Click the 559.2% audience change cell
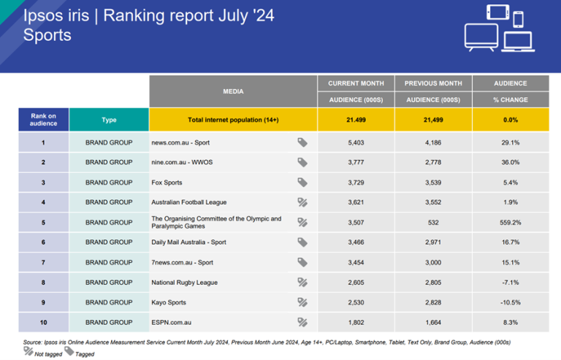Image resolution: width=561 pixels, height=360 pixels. point(511,222)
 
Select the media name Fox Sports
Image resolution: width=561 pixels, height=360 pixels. point(167,183)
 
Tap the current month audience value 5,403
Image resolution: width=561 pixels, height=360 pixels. point(356,142)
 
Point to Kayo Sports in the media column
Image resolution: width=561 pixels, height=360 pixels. point(169,302)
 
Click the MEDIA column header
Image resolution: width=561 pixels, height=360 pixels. point(233,91)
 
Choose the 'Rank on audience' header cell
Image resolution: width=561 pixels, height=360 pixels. point(43,120)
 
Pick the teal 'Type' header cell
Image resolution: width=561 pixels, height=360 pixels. point(109,120)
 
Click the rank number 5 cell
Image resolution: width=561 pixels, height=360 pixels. point(43,222)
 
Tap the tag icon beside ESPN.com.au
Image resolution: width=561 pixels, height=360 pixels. point(302,321)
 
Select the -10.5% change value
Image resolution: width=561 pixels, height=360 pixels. point(511,302)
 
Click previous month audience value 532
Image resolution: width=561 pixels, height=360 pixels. point(433,222)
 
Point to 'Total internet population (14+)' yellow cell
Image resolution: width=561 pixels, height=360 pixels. point(232,120)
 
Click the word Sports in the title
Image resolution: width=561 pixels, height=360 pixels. point(47,34)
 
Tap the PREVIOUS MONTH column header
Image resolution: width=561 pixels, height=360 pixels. point(433,83)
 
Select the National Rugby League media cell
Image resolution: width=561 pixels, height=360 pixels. point(184,282)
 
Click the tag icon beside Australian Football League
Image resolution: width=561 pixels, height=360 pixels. point(302,202)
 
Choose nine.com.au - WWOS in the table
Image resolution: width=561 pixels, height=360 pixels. point(181,162)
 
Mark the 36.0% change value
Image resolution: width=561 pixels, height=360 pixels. point(511,162)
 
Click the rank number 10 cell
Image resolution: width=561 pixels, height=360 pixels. point(43,321)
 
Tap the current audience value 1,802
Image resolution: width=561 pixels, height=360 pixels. point(356,321)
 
